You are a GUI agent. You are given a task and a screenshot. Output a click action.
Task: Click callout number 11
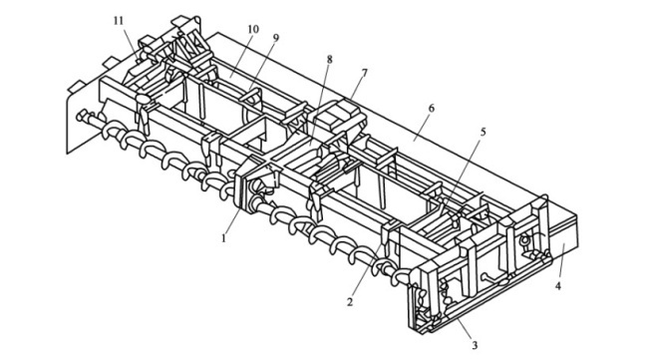tap(119, 21)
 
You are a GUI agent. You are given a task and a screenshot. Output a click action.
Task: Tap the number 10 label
tap(253, 29)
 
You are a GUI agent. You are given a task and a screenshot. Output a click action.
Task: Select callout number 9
tap(275, 38)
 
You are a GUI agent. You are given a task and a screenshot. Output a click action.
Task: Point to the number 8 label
tap(329, 59)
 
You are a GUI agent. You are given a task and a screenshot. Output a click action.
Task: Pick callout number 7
tap(364, 74)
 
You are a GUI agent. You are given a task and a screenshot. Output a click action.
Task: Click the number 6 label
tap(431, 109)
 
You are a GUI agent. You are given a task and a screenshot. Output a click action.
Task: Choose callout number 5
tap(484, 132)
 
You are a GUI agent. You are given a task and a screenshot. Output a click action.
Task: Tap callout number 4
tap(558, 285)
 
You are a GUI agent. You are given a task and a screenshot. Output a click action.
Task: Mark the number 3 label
tap(475, 345)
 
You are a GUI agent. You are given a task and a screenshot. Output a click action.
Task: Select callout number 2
tap(350, 302)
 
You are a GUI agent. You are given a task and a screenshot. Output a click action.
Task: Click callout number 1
tap(224, 238)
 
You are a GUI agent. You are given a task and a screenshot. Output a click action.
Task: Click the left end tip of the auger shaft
tap(79, 116)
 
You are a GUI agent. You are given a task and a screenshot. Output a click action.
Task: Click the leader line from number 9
tap(261, 68)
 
